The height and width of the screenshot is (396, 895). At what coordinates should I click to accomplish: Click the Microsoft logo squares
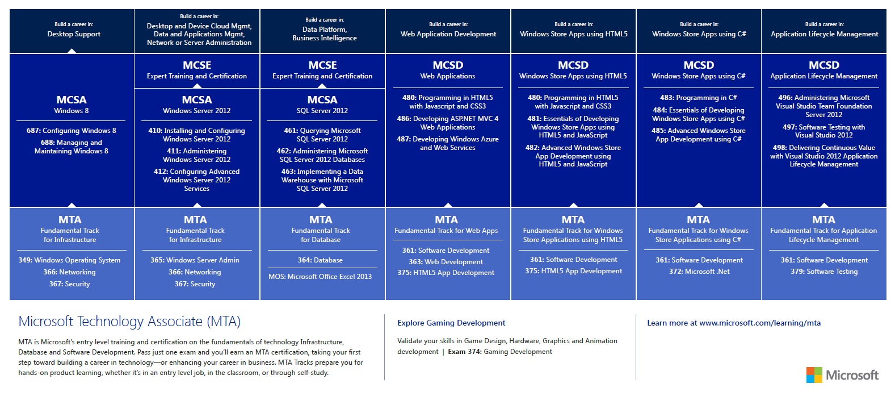pos(814,375)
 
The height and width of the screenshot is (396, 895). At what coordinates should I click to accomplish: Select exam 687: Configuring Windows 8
pos(71,131)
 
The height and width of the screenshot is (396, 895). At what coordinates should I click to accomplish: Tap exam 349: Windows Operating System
pos(69,260)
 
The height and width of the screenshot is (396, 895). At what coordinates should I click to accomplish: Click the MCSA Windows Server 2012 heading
pos(197,105)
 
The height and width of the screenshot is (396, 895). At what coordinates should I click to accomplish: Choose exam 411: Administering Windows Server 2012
pos(197,155)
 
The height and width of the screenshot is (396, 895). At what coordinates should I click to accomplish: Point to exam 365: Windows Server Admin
pos(195,260)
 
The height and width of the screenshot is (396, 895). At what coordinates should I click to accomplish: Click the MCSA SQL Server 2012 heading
pos(322,105)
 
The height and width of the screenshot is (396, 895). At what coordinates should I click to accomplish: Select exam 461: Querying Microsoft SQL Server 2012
pos(322,135)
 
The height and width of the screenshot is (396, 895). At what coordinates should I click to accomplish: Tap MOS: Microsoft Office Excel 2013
pos(320,277)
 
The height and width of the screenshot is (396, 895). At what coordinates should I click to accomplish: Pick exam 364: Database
pos(320,260)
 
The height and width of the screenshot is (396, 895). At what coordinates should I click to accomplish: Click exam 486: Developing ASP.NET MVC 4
pos(448,123)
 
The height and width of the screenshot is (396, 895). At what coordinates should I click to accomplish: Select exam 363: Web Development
pos(446,262)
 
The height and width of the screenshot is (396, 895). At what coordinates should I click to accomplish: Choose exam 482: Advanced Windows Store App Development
pos(573,156)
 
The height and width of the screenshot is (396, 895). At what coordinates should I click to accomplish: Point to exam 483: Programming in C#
pos(699,98)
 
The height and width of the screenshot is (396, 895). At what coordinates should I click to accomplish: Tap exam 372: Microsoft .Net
pos(699,272)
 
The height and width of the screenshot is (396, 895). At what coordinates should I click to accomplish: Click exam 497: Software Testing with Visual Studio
pos(824,131)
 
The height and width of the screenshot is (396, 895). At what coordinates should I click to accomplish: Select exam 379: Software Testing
pos(824,272)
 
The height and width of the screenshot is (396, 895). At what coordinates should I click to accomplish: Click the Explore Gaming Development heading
pos(451,323)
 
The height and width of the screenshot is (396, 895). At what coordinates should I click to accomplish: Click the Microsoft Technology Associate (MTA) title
pos(129,322)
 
